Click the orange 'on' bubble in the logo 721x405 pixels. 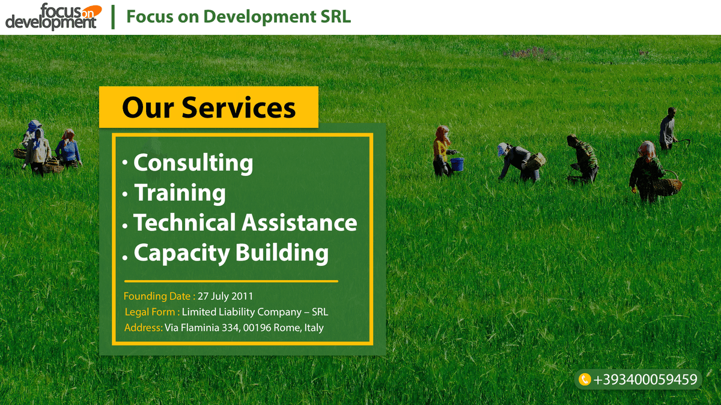pyautogui.click(x=91, y=12)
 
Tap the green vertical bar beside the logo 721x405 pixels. pyautogui.click(x=113, y=17)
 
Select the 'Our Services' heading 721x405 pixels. pyautogui.click(x=208, y=107)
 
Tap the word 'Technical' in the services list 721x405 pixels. pyautogui.click(x=184, y=223)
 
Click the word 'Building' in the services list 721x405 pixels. pyautogui.click(x=282, y=253)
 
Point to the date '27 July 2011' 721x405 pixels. pyautogui.click(x=225, y=296)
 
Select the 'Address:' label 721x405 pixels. pyautogui.click(x=143, y=328)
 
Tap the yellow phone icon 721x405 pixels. pyautogui.click(x=585, y=379)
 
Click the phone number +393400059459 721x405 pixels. pyautogui.click(x=645, y=380)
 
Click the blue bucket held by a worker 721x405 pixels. pyautogui.click(x=457, y=164)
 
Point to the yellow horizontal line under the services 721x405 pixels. pyautogui.click(x=231, y=281)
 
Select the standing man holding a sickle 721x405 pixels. pyautogui.click(x=669, y=128)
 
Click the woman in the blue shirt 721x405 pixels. pyautogui.click(x=68, y=149)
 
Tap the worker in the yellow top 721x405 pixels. pyautogui.click(x=442, y=151)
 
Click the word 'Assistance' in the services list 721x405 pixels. pyautogui.click(x=299, y=223)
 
